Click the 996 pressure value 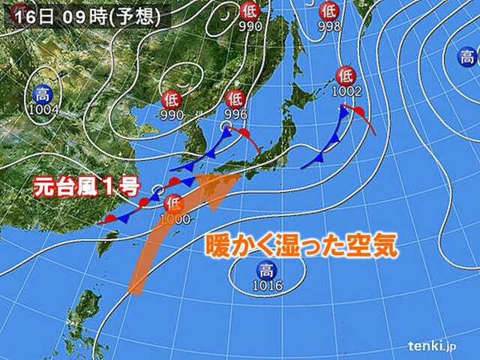235,113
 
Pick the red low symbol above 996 235,98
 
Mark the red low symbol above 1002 346,75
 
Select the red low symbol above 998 328,10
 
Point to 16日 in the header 26,16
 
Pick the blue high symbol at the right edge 469,56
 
